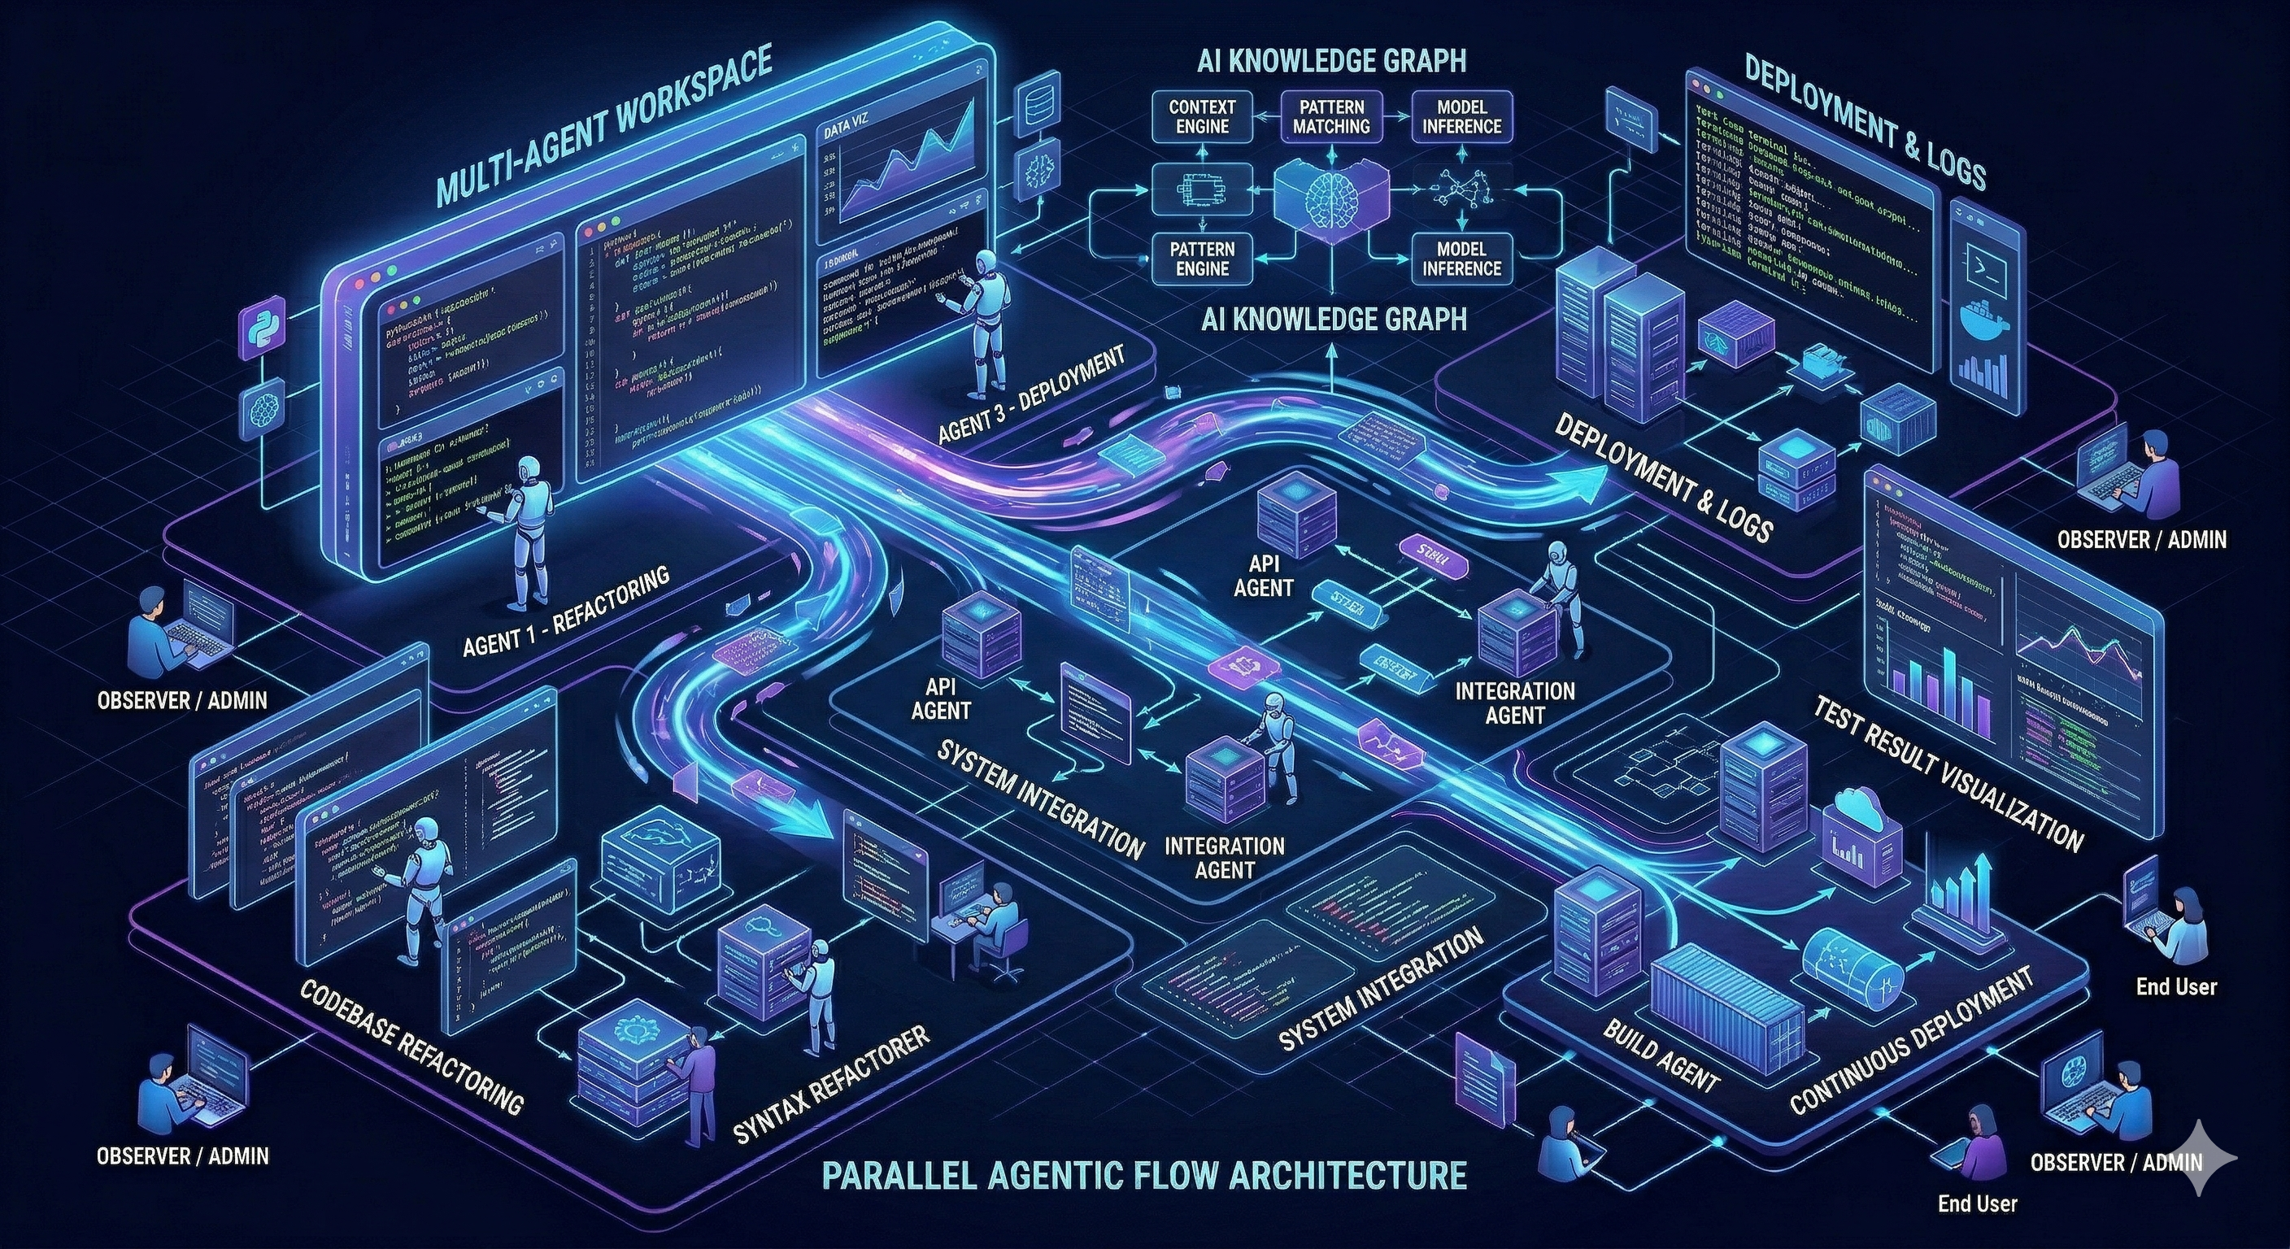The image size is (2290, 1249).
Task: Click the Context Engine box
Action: [1202, 116]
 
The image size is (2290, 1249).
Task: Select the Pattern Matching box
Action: [1330, 116]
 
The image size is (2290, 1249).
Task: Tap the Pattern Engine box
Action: [1202, 258]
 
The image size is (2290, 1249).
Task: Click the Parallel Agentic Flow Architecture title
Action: [1143, 1174]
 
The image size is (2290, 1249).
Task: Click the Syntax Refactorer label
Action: [830, 1085]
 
